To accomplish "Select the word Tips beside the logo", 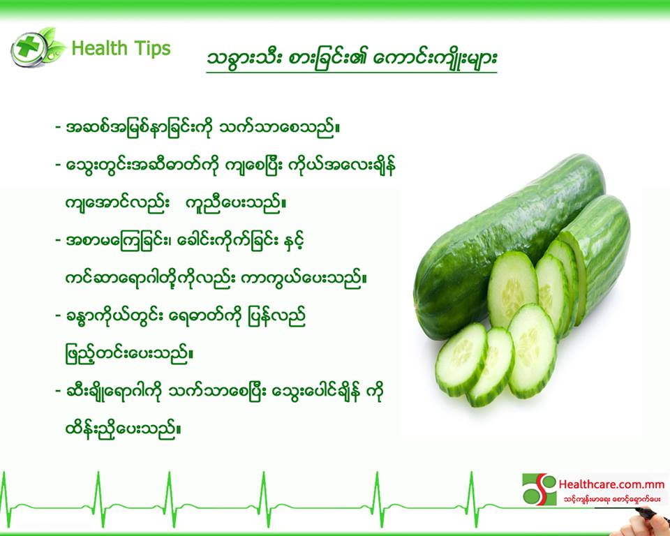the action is (152, 49).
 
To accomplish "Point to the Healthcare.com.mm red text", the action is (611, 484).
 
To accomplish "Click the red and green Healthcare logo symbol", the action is (539, 489).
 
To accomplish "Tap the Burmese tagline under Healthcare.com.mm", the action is (611, 499).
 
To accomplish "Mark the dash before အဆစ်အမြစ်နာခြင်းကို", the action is (58, 128).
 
